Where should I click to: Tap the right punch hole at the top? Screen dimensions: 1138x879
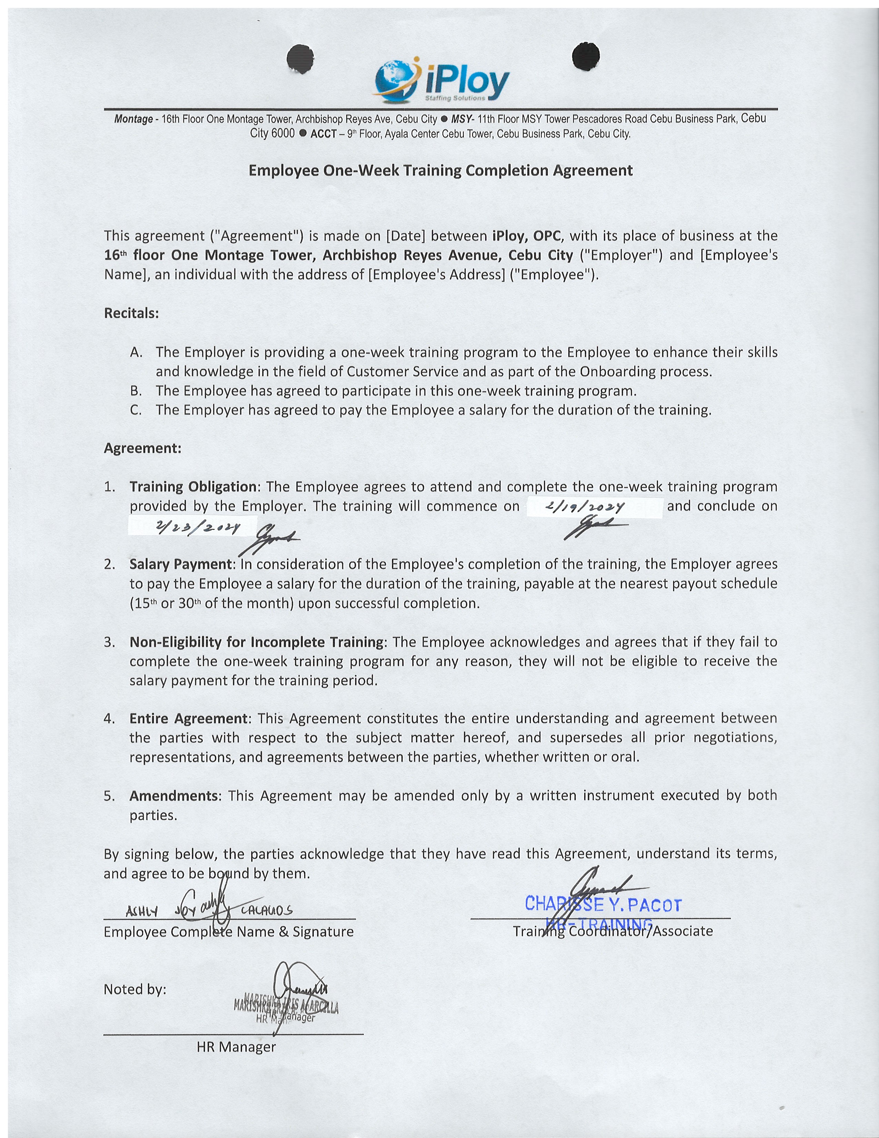pyautogui.click(x=585, y=55)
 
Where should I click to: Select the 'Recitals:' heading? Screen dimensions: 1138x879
pyautogui.click(x=131, y=313)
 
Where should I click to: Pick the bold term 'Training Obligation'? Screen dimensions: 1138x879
pyautogui.click(x=193, y=487)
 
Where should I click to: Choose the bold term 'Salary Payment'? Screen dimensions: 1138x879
pyautogui.click(x=182, y=564)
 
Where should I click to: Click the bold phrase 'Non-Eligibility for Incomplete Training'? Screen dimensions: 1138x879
pyautogui.click(x=256, y=642)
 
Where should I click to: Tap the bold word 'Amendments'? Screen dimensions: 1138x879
pyautogui.click(x=175, y=796)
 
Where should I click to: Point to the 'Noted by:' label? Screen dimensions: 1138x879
pyautogui.click(x=135, y=989)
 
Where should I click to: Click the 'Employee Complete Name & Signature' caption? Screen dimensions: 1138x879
pyautogui.click(x=229, y=932)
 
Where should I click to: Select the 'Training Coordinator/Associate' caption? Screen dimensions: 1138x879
pyautogui.click(x=613, y=931)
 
